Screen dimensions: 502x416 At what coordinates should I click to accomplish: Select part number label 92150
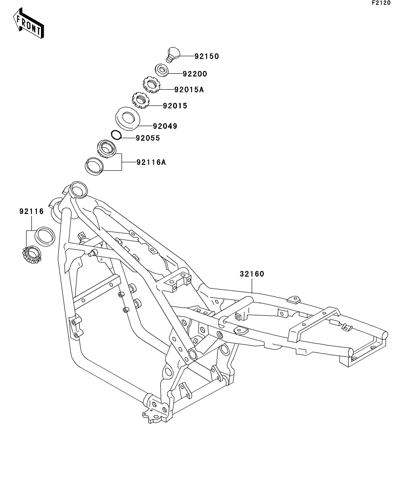pos(207,56)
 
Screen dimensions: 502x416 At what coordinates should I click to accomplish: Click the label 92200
pos(195,73)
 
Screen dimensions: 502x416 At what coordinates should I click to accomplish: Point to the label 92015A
pos(188,90)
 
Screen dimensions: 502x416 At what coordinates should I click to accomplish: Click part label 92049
pos(165,126)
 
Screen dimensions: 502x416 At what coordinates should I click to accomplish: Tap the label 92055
pos(147,138)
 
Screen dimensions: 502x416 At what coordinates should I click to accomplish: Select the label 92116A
pos(151,162)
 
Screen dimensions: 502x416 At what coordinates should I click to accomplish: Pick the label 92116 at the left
pos(31,211)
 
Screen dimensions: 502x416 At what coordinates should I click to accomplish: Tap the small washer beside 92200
pos(162,70)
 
